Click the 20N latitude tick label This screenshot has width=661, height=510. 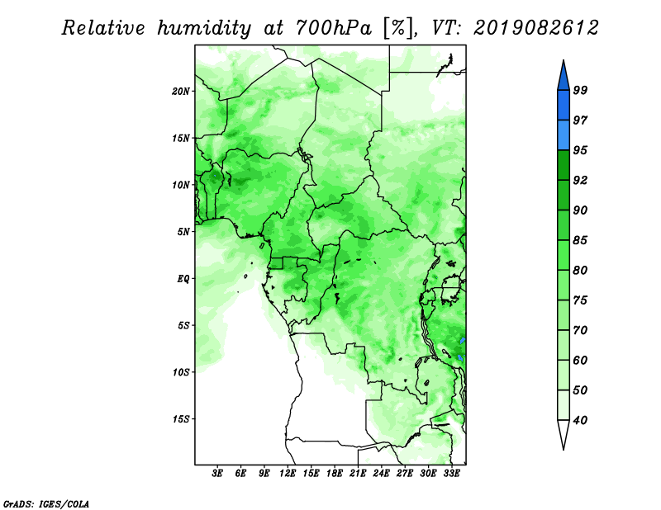[x=181, y=92]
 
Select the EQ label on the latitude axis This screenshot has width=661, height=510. [x=183, y=279]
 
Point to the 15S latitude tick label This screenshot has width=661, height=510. [x=181, y=419]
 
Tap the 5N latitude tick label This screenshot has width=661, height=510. [x=183, y=232]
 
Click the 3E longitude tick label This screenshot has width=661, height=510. [x=217, y=473]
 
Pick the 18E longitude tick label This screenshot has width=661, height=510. [x=335, y=473]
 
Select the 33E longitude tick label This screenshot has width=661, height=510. [x=451, y=473]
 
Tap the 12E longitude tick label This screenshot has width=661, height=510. [x=288, y=473]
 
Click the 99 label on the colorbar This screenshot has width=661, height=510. [x=580, y=90]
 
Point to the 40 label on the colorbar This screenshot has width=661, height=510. [x=580, y=420]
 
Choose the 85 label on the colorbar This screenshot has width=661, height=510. [x=580, y=240]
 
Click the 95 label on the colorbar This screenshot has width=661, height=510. [x=580, y=150]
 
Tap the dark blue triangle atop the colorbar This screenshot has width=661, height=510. [x=564, y=78]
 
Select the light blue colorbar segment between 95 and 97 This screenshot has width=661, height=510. [x=564, y=135]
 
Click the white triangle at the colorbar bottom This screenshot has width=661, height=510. [x=564, y=432]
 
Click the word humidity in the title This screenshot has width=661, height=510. [x=204, y=29]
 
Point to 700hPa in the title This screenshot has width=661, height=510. [x=334, y=28]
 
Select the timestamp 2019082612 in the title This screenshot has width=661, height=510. [x=535, y=28]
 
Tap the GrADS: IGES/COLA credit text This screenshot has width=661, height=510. [x=46, y=503]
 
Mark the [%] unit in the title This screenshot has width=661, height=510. [x=398, y=28]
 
